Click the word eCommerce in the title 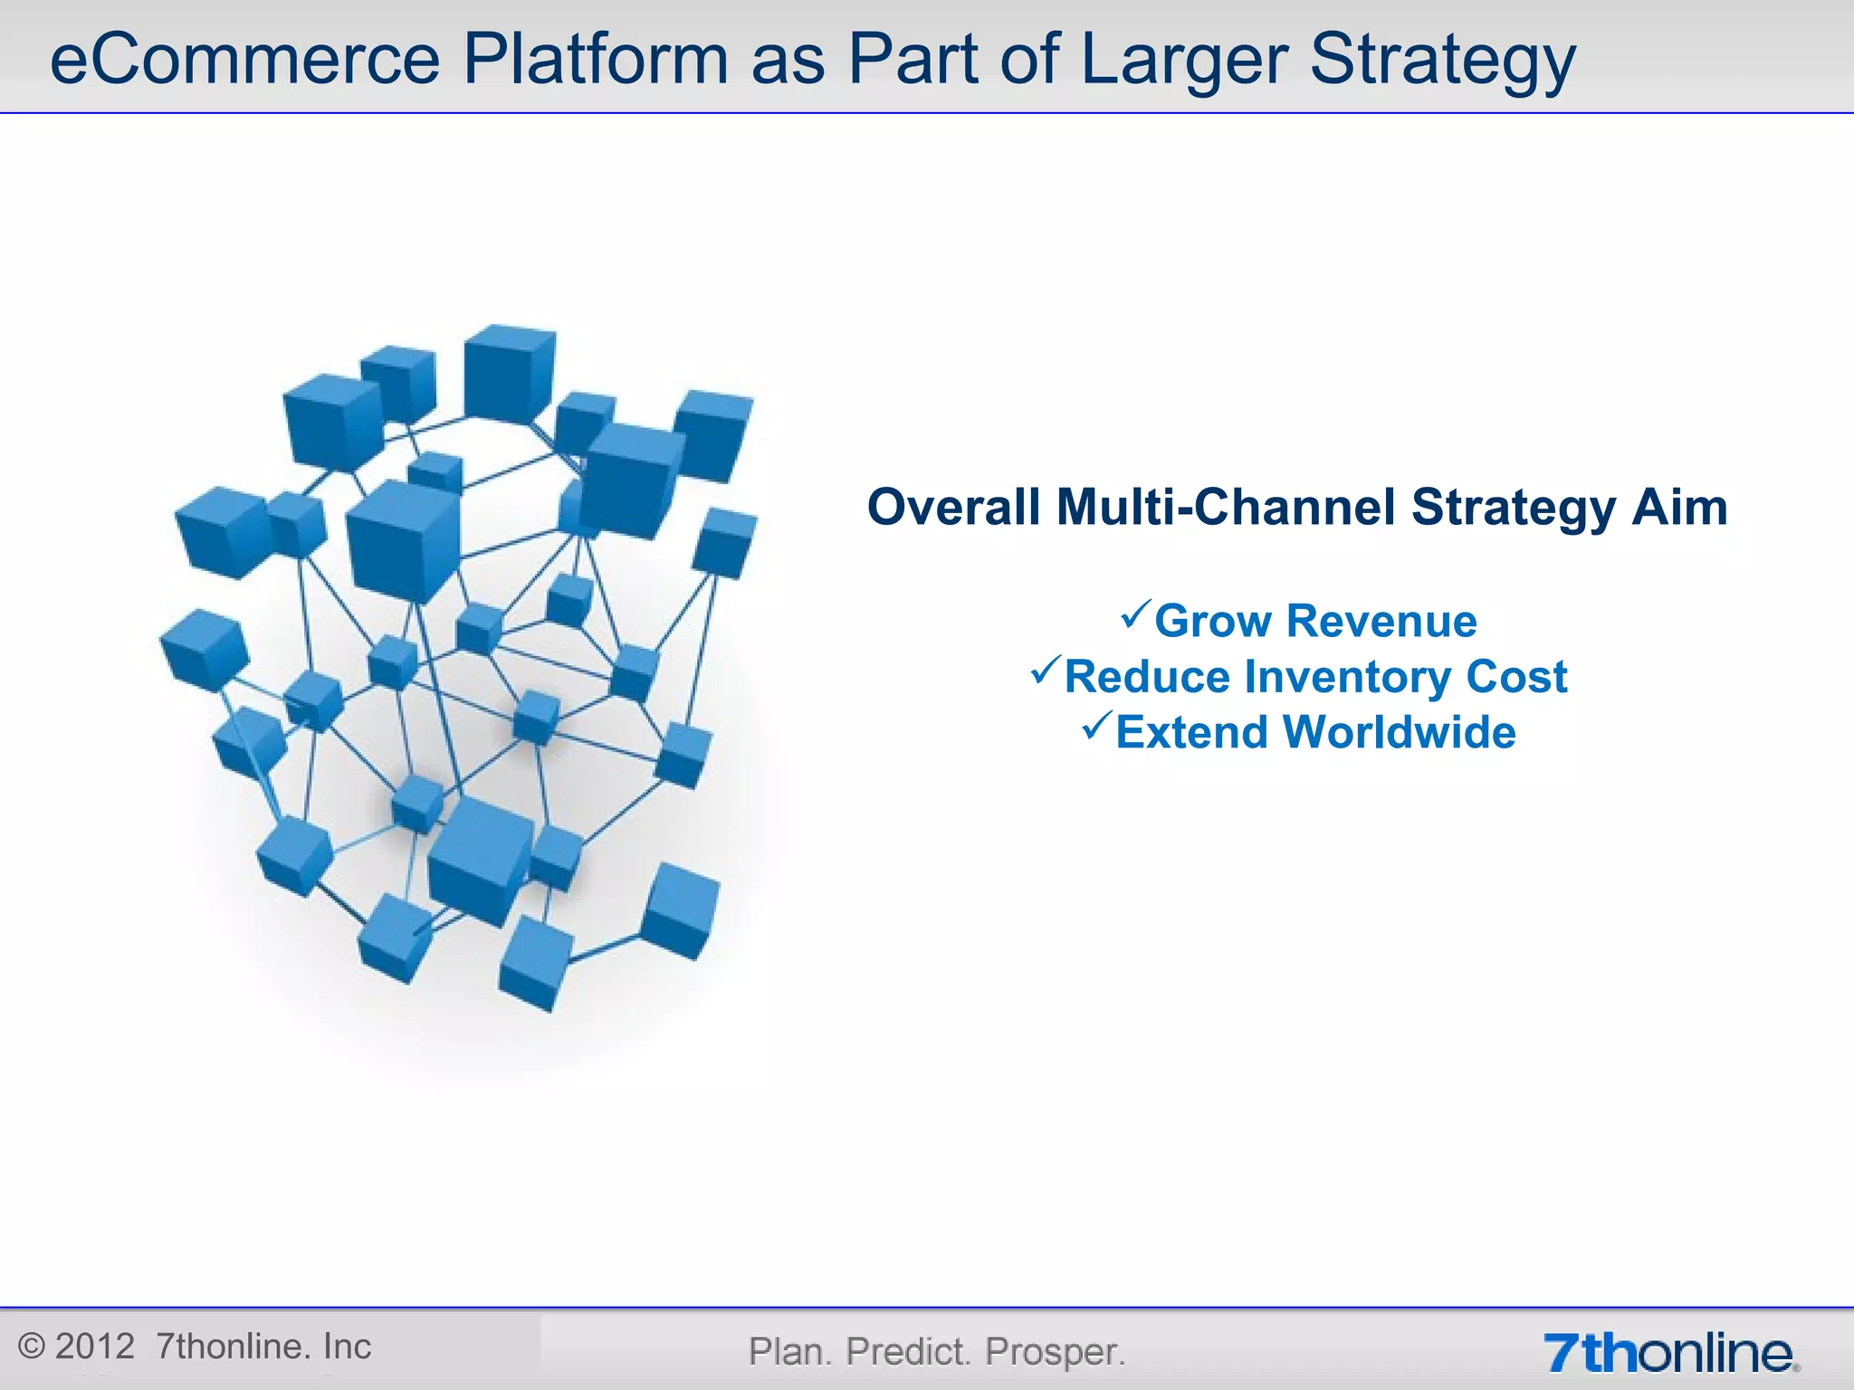pyautogui.click(x=244, y=60)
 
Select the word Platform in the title pyautogui.click(x=595, y=60)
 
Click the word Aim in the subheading pyautogui.click(x=1679, y=507)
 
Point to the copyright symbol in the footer pyautogui.click(x=32, y=1347)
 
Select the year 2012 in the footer pyautogui.click(x=94, y=1347)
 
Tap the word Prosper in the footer pyautogui.click(x=1054, y=1352)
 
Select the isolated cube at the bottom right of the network pyautogui.click(x=681, y=910)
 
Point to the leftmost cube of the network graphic pyautogui.click(x=204, y=644)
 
